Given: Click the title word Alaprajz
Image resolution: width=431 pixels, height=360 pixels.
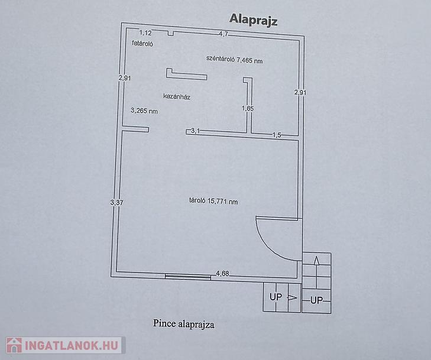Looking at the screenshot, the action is pyautogui.click(x=253, y=20).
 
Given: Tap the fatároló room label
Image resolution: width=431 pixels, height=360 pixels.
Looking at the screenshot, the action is pyautogui.click(x=142, y=43).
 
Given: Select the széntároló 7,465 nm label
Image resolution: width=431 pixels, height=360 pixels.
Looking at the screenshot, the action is pyautogui.click(x=235, y=59).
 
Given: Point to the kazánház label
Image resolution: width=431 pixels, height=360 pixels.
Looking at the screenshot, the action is pyautogui.click(x=177, y=96).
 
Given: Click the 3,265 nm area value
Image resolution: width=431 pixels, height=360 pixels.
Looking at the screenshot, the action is pyautogui.click(x=144, y=111).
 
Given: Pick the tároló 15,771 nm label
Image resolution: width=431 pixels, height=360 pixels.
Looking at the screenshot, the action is pyautogui.click(x=213, y=201).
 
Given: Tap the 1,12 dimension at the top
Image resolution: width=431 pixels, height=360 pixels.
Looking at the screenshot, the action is pyautogui.click(x=145, y=33).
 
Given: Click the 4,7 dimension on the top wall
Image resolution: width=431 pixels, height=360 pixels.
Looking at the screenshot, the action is pyautogui.click(x=223, y=34).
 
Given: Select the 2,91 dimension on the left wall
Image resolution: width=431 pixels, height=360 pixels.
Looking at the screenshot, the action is pyautogui.click(x=125, y=78).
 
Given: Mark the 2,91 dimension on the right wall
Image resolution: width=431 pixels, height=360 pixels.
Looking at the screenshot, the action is pyautogui.click(x=300, y=92).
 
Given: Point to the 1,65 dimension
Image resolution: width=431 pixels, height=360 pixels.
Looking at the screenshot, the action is pyautogui.click(x=248, y=108).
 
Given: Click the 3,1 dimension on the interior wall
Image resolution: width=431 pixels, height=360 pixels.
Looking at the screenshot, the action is pyautogui.click(x=195, y=131).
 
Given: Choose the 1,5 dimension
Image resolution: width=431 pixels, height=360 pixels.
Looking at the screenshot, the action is pyautogui.click(x=277, y=135).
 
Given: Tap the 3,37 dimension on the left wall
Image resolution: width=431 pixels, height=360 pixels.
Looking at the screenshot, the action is pyautogui.click(x=116, y=203).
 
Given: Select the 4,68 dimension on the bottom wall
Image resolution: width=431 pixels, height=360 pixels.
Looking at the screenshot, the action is pyautogui.click(x=222, y=274).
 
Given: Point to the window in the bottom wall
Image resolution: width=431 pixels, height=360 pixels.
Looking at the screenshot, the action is pyautogui.click(x=188, y=277).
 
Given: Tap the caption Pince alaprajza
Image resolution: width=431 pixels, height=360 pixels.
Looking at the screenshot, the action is pyautogui.click(x=184, y=324).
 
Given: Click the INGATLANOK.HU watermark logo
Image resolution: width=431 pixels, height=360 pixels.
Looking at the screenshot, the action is pyautogui.click(x=65, y=345).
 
